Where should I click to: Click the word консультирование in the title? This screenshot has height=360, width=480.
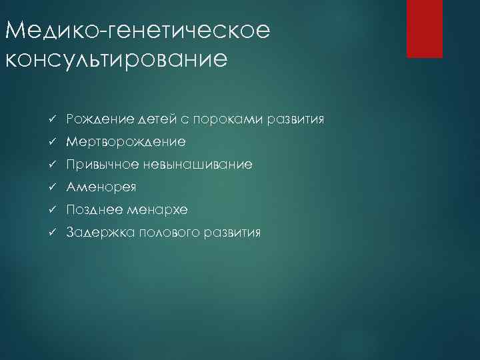tap(115, 59)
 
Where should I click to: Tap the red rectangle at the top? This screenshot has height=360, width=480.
tap(425, 29)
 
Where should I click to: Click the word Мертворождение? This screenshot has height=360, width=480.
tap(126, 143)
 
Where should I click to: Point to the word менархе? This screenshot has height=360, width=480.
tap(155, 210)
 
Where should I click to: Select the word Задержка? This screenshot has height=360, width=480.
tap(94, 233)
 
